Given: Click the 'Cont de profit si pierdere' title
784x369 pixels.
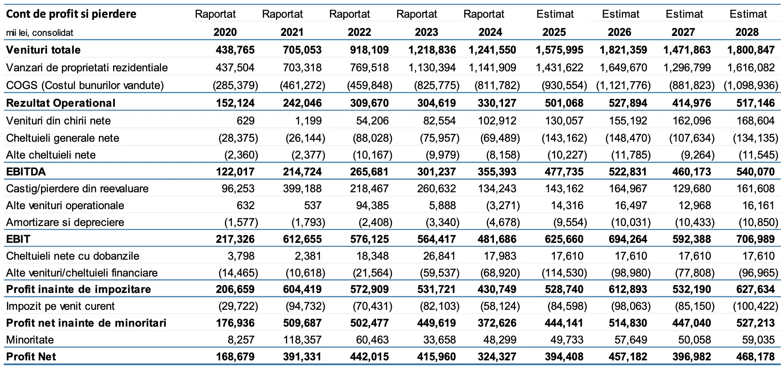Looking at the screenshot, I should (71, 14).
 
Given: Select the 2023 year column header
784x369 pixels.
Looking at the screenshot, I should (426, 32).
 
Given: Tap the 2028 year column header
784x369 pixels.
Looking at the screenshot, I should (747, 32).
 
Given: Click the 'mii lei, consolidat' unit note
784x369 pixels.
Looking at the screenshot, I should (40, 33).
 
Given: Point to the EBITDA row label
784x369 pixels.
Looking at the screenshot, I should (26, 172).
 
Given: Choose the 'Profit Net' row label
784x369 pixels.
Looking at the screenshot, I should (31, 356).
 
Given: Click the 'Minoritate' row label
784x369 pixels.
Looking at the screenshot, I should (30, 340).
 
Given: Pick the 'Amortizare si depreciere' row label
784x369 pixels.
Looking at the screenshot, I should (65, 222).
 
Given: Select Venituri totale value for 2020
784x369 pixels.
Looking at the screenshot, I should (235, 50).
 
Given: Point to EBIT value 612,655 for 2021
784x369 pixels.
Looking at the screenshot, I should (302, 239).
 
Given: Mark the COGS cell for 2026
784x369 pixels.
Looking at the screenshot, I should (623, 85).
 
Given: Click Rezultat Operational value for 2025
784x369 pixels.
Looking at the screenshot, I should (560, 103).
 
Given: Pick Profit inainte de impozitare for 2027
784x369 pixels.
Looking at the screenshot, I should (692, 289).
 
